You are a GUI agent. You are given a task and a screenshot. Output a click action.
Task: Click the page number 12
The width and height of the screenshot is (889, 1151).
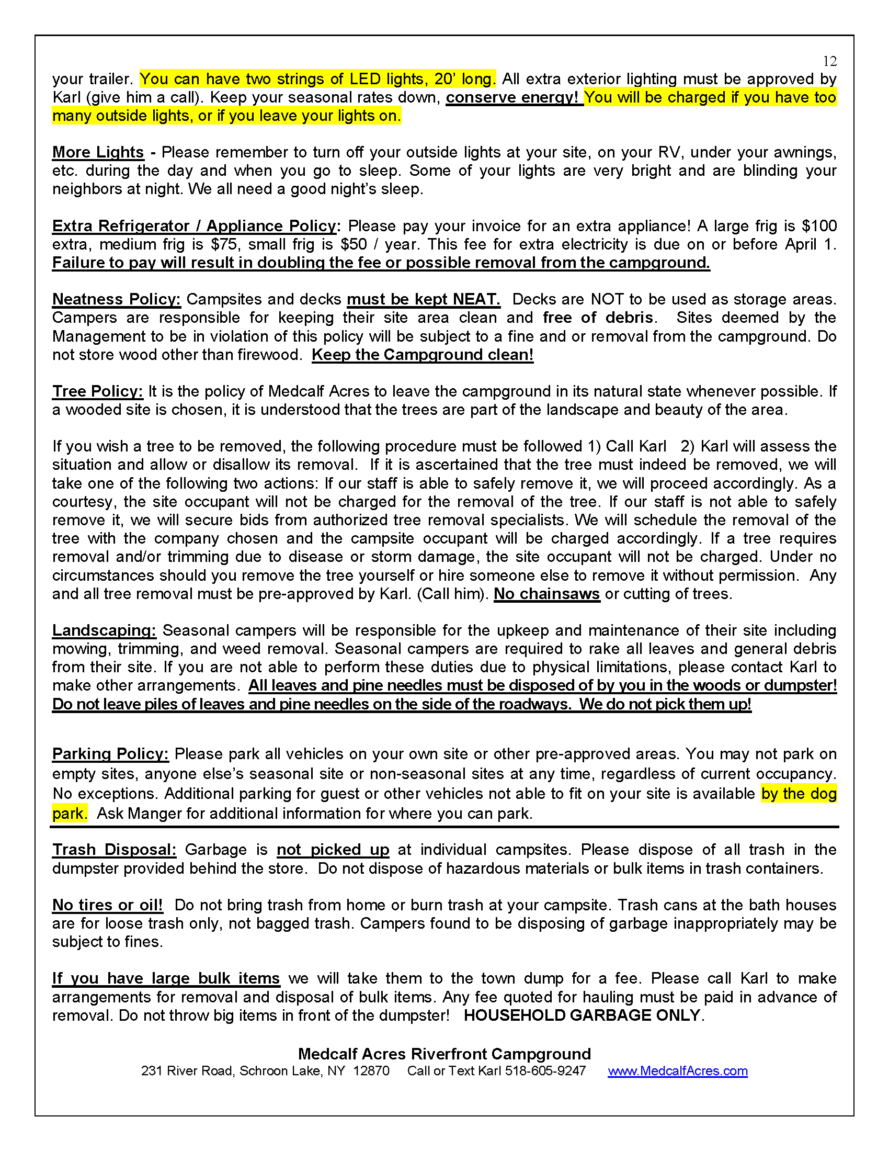[829, 62]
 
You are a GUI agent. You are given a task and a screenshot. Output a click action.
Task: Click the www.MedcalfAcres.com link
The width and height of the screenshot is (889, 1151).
[677, 1071]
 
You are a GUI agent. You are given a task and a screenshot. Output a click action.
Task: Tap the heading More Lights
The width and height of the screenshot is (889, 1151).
[98, 152]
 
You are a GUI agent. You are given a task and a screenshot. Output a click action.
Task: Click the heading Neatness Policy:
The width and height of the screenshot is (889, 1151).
[117, 299]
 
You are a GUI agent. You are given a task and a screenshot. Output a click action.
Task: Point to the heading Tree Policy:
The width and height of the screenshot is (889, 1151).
[97, 391]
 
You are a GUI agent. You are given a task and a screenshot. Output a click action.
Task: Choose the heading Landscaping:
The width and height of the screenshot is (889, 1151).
[104, 630]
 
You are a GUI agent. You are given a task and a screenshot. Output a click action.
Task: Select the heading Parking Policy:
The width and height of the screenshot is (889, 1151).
[110, 753]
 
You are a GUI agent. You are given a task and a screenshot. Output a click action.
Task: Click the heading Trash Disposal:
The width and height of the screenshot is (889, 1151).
[115, 850]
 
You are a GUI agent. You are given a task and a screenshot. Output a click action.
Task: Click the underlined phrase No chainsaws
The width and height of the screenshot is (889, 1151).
[546, 594]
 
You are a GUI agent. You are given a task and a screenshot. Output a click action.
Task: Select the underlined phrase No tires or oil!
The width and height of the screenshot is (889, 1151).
[107, 905]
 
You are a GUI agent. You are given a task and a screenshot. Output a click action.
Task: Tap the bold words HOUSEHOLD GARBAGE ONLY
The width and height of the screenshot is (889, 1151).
[582, 1015]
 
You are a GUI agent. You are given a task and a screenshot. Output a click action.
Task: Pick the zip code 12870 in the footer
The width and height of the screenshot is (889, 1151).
[371, 1071]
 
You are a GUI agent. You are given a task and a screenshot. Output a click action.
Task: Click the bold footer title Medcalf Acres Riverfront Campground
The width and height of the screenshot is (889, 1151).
[444, 1054]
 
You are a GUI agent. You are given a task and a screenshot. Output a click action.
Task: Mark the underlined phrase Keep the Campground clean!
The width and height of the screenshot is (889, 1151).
[423, 355]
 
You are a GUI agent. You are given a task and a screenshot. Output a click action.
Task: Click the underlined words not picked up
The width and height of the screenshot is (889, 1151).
[333, 850]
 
